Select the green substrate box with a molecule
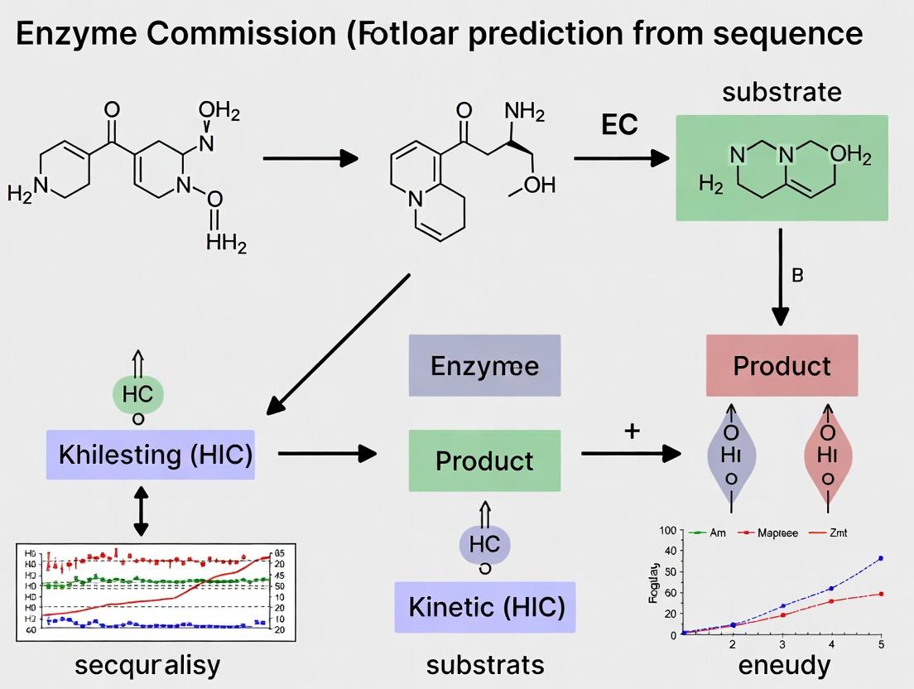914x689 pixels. pos(782,168)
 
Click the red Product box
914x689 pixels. pos(782,365)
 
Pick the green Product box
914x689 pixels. pos(484,460)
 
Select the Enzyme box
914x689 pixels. pos(484,366)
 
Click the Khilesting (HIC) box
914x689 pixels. pos(151,455)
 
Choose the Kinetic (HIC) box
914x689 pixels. pos(484,607)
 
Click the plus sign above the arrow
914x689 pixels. pos(632,431)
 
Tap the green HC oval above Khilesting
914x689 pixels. pos(137,394)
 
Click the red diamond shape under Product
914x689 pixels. pos(828,455)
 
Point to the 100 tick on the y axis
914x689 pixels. pos(668,530)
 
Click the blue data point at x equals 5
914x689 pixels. pos(881,558)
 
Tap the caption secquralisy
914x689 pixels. pos(147,664)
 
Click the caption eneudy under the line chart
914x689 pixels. pos(783,664)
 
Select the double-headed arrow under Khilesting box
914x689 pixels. pos(140,511)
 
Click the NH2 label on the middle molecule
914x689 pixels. pos(524,111)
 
